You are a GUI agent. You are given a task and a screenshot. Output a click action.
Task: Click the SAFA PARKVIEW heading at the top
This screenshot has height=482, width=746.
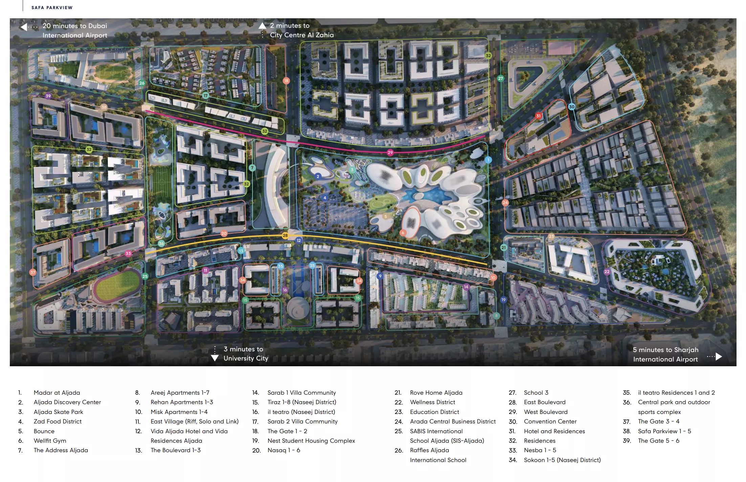(52, 7)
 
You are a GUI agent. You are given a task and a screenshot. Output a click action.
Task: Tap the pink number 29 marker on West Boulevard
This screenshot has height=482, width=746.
(390, 152)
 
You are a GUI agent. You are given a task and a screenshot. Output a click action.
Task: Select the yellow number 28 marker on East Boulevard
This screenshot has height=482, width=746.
(285, 235)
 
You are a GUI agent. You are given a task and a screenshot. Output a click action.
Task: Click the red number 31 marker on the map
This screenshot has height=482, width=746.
(538, 116)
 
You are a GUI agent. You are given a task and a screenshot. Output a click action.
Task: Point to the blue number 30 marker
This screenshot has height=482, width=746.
(571, 107)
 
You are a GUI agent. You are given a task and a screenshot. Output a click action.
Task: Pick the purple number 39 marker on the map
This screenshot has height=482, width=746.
(48, 96)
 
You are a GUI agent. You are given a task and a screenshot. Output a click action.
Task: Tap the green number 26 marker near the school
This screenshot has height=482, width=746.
(142, 83)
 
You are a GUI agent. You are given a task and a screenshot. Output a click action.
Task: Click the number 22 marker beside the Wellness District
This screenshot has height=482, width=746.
(607, 271)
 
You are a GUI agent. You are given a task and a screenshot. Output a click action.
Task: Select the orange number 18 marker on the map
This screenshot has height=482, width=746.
(286, 81)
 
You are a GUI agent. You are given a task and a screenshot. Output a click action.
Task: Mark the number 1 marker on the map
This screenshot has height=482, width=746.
(488, 160)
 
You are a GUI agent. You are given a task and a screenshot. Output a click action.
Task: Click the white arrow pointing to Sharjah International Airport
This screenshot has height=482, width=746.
(719, 356)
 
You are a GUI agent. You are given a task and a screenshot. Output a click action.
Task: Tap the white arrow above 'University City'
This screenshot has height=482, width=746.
(215, 358)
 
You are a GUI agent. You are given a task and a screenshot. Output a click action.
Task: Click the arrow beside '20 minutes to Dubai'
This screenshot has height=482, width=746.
(24, 27)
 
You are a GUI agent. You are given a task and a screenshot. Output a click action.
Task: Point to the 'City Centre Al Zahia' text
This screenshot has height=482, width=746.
(302, 35)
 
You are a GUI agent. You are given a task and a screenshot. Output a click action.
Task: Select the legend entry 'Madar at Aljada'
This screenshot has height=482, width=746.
(57, 393)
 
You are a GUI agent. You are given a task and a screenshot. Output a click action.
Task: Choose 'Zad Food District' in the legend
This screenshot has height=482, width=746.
(58, 421)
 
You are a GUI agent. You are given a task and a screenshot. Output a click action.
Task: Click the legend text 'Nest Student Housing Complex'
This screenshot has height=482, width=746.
(311, 441)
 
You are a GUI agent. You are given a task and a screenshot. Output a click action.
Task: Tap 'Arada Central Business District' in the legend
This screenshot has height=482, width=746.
(453, 421)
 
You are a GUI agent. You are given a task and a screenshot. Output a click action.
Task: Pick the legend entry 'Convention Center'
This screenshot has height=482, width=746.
(550, 421)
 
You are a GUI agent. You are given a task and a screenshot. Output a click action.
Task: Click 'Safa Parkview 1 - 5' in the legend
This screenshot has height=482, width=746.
(664, 431)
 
